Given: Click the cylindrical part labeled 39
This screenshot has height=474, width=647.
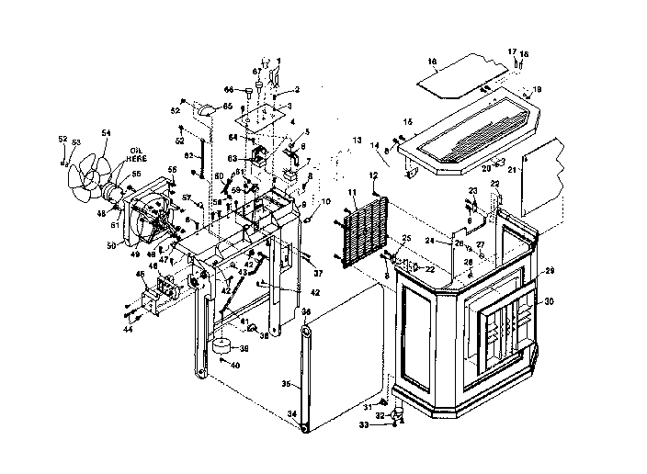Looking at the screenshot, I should pos(221,345).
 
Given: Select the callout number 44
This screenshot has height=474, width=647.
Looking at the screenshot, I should pos(129,329).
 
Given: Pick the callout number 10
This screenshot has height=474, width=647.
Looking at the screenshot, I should pos(325,201).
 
